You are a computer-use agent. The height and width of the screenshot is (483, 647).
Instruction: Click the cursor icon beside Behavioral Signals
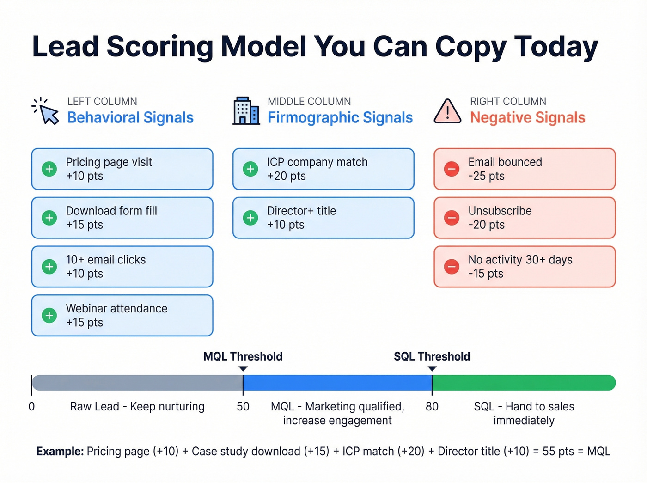pyautogui.click(x=48, y=112)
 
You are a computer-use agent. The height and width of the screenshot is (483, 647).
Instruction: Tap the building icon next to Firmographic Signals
pyautogui.click(x=246, y=111)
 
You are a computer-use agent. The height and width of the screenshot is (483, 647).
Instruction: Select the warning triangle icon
pyautogui.click(x=447, y=112)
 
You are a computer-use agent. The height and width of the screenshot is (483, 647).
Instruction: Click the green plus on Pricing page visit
pyautogui.click(x=49, y=169)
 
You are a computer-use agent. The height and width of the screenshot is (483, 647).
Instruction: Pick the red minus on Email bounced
pyautogui.click(x=452, y=169)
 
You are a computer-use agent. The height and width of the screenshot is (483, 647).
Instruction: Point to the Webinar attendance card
pyautogui.click(x=122, y=315)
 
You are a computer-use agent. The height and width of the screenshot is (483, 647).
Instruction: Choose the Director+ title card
pyautogui.click(x=323, y=218)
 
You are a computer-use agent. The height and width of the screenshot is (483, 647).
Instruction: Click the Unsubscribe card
pyautogui.click(x=525, y=218)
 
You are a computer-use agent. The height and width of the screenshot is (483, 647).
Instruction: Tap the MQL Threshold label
pyautogui.click(x=243, y=356)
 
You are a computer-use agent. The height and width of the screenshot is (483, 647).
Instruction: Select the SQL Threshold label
pyautogui.click(x=432, y=356)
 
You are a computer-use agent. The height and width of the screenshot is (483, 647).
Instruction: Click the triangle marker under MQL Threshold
pyautogui.click(x=243, y=369)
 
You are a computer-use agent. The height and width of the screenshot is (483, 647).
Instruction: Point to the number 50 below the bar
pyautogui.click(x=243, y=407)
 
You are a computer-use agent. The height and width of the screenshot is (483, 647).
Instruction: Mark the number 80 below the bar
pyautogui.click(x=432, y=407)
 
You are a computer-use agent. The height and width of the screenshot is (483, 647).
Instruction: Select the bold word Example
pyautogui.click(x=60, y=452)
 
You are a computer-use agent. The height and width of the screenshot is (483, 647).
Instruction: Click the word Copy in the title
pyautogui.click(x=470, y=47)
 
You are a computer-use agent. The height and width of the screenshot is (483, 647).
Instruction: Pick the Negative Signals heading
pyautogui.click(x=527, y=118)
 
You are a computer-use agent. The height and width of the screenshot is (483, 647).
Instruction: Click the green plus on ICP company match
pyautogui.click(x=250, y=169)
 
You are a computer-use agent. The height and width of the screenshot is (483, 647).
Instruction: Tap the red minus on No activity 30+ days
pyautogui.click(x=452, y=267)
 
